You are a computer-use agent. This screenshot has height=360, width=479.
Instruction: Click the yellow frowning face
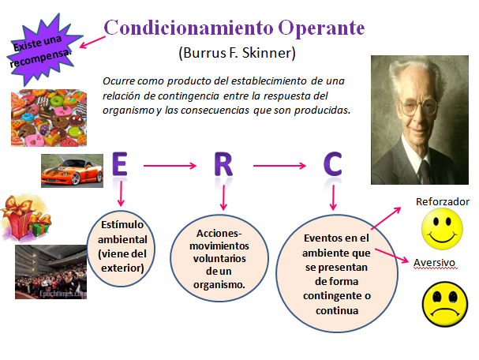(x=442, y=302)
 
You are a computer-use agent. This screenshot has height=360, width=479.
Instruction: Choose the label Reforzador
(x=442, y=202)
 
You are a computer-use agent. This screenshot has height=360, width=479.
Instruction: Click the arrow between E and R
(x=172, y=166)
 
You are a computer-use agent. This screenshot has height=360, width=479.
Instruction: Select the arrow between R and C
(x=279, y=166)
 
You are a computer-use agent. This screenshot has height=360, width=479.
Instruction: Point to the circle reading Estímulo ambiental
(x=122, y=246)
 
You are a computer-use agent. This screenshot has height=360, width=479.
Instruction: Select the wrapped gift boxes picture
(x=26, y=217)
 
